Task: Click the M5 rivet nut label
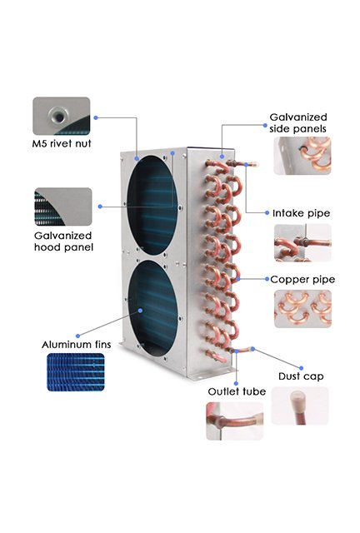pos(62,143)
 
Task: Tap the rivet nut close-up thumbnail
pos(62,116)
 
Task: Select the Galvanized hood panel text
pos(63,242)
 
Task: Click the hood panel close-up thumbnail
pos(63,207)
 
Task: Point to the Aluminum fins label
pos(76,345)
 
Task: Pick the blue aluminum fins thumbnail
pos(76,372)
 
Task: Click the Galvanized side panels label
pos(298,122)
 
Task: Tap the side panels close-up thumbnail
pos(302,156)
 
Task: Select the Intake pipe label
pos(301,213)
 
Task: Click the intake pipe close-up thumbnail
pos(302,242)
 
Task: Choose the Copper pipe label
pos(302,280)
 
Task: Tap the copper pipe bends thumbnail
pos(302,309)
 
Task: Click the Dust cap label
pos(301,376)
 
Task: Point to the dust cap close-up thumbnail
pos(300,406)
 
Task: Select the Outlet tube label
pos(237,391)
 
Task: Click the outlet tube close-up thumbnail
pos(235,421)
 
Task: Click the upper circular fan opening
pos(152,205)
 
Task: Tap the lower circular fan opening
pos(153,308)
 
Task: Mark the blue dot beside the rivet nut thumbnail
pos(96,117)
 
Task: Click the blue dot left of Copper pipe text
pos(267,279)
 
